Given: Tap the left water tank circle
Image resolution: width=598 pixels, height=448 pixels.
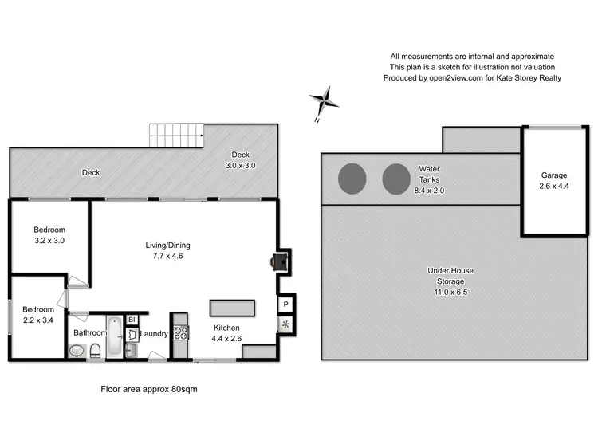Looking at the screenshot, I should coord(352,179).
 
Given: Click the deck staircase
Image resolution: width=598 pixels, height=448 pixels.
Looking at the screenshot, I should coord(176,136).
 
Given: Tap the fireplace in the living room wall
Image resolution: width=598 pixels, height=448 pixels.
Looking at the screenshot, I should coord(277,261).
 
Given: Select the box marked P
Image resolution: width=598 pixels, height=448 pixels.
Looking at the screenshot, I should coord(285,305).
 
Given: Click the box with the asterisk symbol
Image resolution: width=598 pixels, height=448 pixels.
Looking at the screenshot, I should coord(285,324).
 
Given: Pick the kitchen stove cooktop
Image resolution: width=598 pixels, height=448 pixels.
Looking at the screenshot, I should coord(180,334).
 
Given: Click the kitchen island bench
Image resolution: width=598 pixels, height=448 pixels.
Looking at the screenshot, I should coord(232,308).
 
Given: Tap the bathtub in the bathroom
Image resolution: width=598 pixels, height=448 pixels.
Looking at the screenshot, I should coord(115,337).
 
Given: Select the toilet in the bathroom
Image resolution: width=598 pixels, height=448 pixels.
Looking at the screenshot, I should coord(94,349).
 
